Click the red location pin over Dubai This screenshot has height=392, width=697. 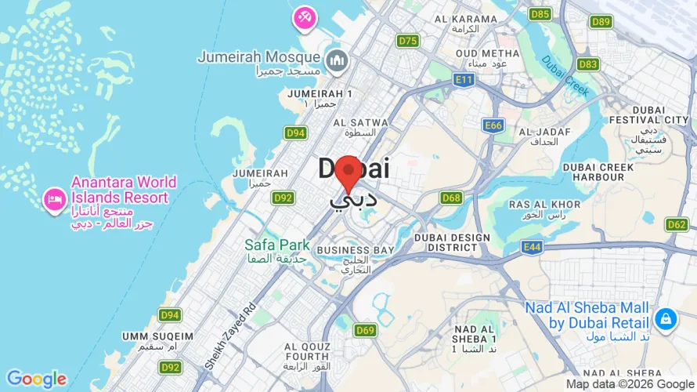[348, 172]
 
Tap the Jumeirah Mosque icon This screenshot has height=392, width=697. [337, 60]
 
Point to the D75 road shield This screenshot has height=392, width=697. [407, 41]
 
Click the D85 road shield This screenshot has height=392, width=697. [540, 14]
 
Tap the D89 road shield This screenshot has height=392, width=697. [601, 22]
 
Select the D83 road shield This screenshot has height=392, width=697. [588, 64]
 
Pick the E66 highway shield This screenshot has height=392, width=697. [493, 125]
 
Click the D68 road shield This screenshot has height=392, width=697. [451, 198]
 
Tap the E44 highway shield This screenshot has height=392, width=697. [532, 248]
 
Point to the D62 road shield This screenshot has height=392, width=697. [677, 225]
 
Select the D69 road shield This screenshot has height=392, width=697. [364, 330]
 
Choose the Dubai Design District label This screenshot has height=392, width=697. [452, 242]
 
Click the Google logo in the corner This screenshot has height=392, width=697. [36, 379]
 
